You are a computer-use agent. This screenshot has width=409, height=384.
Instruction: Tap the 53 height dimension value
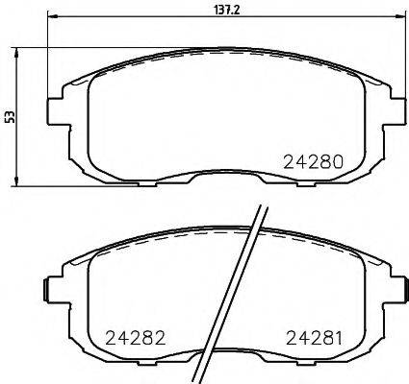point(11,117)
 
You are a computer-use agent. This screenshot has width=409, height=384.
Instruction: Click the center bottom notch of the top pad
point(221,179)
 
